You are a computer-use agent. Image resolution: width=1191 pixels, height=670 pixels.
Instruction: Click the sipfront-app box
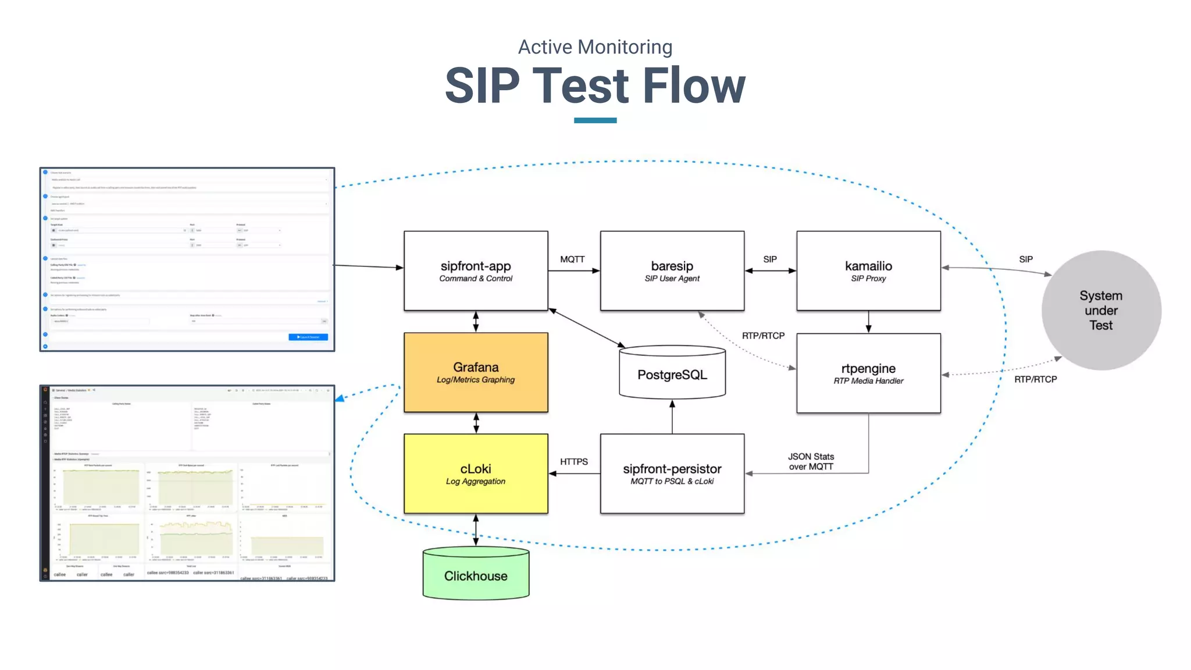coord(476,270)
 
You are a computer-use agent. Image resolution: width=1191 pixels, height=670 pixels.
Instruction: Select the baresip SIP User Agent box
coord(672,270)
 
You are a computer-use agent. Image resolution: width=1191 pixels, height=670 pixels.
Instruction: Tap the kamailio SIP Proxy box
coord(868,270)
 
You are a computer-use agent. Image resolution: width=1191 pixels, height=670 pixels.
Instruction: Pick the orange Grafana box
coord(476,372)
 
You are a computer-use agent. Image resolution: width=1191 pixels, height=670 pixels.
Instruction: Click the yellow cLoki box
coord(476,473)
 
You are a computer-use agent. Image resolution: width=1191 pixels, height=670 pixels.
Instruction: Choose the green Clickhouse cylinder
coord(476,575)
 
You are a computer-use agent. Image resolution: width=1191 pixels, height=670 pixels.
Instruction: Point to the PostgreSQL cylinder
coord(672,375)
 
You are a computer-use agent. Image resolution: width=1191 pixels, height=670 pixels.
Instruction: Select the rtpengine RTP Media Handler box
coord(868,373)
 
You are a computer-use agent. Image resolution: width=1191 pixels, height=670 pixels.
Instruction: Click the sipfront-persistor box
coord(672,473)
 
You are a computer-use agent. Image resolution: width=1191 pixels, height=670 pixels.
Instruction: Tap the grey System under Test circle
coord(1100,310)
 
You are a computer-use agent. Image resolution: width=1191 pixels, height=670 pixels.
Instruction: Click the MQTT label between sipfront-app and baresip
coord(572,259)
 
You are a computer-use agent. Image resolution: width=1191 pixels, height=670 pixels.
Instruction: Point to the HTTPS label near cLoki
coord(573,461)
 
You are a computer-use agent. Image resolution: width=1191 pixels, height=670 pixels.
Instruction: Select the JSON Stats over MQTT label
coord(811,461)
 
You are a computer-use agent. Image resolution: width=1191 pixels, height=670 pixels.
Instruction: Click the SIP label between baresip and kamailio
coord(769,259)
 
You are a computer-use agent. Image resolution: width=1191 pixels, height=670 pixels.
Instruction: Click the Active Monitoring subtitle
coord(595,47)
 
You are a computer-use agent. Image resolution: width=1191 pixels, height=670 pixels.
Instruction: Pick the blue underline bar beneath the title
coord(595,120)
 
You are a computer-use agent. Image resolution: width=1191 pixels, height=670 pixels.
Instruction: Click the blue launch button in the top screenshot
coord(308,337)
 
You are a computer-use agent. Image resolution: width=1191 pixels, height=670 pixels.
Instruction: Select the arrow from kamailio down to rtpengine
coord(868,322)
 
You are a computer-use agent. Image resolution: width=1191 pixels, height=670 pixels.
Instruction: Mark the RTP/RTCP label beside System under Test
coord(1035,379)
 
